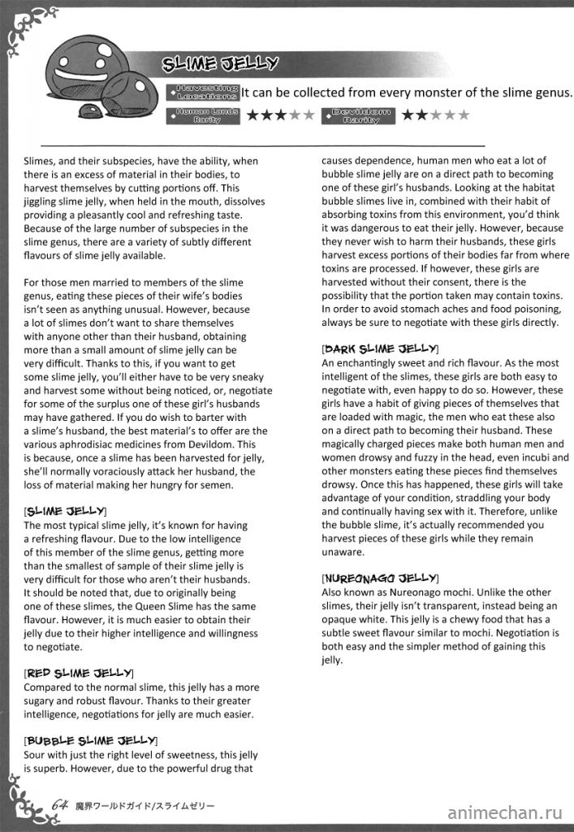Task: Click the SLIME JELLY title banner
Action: pos(219,63)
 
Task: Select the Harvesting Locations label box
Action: pos(202,92)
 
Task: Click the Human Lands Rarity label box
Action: pos(202,115)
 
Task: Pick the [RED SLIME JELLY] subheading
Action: pos(79,673)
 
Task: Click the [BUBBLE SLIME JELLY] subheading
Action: pos(90,740)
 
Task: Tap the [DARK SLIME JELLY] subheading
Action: pos(380,349)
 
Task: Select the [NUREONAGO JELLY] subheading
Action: pos(380,578)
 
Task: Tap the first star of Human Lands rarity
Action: pos(253,115)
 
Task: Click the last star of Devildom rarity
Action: pos(464,115)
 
